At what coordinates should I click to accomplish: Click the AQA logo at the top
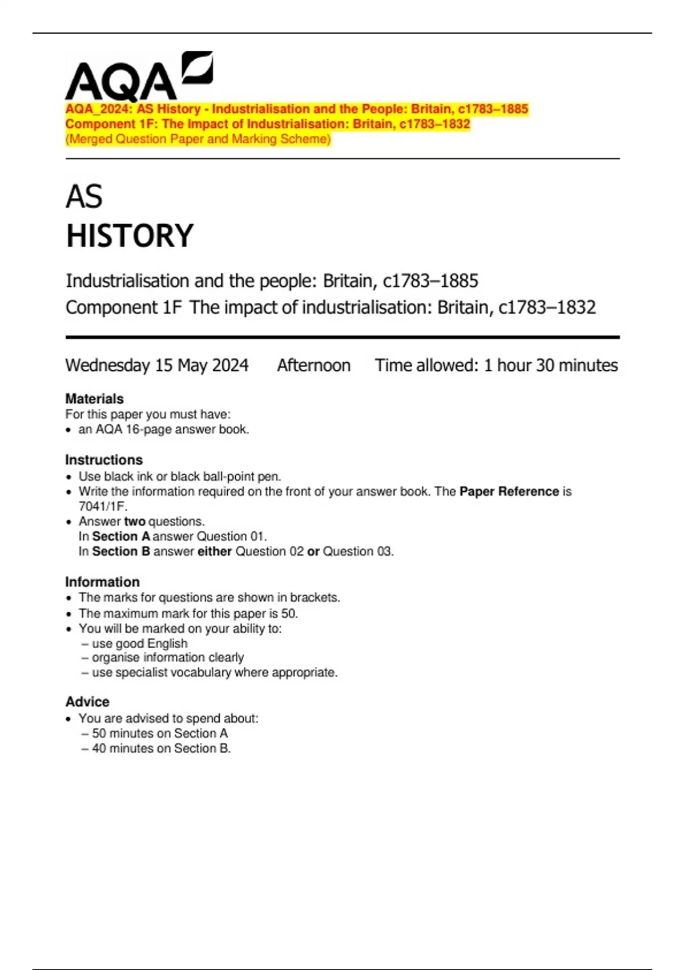pyautogui.click(x=139, y=76)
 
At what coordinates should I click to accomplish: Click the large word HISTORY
pyautogui.click(x=130, y=236)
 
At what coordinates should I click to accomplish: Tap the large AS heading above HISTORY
pyautogui.click(x=84, y=197)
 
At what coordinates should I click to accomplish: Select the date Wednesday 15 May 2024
pyautogui.click(x=157, y=365)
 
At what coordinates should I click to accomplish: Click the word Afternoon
pyautogui.click(x=313, y=365)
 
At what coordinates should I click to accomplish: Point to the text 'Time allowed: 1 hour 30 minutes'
pyautogui.click(x=496, y=365)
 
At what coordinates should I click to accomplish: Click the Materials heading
pyautogui.click(x=94, y=399)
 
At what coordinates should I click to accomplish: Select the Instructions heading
pyautogui.click(x=103, y=460)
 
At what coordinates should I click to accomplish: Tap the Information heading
pyautogui.click(x=102, y=582)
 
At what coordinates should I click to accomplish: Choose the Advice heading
pyautogui.click(x=87, y=702)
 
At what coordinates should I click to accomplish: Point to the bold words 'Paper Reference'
pyautogui.click(x=509, y=491)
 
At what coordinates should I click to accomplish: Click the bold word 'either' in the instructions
pyautogui.click(x=214, y=551)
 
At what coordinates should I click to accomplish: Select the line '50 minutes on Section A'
pyautogui.click(x=159, y=733)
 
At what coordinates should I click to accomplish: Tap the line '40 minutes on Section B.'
pyautogui.click(x=161, y=748)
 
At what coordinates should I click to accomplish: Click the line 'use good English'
pyautogui.click(x=139, y=643)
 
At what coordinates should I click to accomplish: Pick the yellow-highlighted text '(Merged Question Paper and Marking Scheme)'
pyautogui.click(x=198, y=139)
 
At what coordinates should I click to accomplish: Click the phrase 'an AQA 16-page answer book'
pyautogui.click(x=163, y=429)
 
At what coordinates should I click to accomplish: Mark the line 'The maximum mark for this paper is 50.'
pyautogui.click(x=188, y=613)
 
